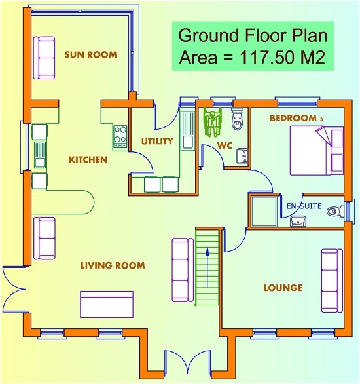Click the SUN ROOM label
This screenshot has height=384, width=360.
click(x=90, y=54)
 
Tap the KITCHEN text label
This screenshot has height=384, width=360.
click(x=88, y=159)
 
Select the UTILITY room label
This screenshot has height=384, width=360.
click(x=157, y=141)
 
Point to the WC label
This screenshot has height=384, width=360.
click(x=226, y=145)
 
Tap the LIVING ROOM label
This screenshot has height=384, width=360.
click(x=112, y=265)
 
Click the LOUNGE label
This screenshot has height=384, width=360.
click(x=283, y=288)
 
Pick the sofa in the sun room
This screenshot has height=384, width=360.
click(x=46, y=58)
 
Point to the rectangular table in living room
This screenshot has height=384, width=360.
click(x=106, y=304)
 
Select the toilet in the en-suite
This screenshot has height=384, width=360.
click(x=336, y=211)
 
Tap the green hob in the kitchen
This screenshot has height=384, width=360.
click(x=120, y=135)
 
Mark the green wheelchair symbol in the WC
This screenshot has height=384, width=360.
click(x=212, y=119)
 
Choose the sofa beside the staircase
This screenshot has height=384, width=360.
click(x=181, y=270)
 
